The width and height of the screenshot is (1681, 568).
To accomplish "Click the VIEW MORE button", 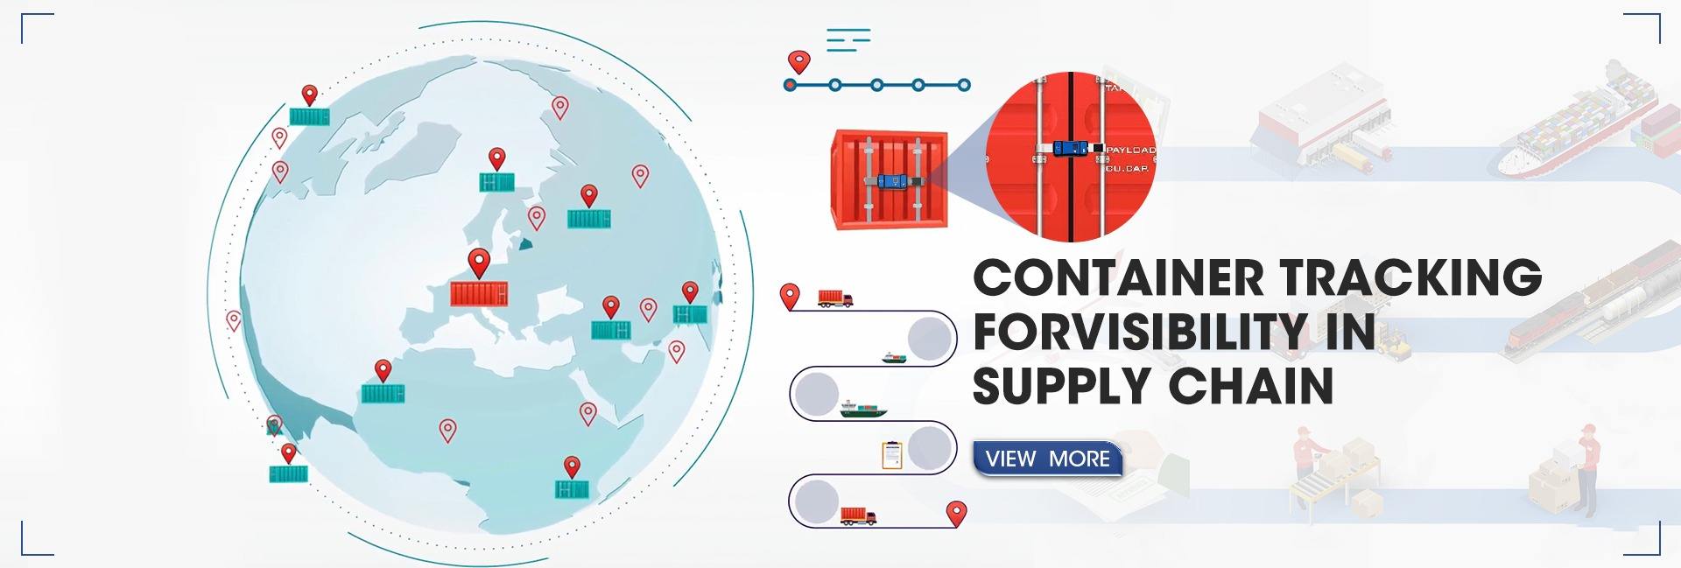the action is pos(1047,459).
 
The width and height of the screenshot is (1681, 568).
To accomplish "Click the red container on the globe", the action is pos(479,293).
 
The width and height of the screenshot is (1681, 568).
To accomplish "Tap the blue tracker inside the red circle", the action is pos(1073,151).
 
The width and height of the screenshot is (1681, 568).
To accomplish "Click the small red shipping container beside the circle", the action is pos(890,180).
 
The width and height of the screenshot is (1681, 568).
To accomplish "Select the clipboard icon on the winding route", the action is pos(891,455).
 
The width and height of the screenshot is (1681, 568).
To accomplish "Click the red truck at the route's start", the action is pos(835,298).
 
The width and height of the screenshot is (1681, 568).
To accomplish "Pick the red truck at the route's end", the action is pos(858,515).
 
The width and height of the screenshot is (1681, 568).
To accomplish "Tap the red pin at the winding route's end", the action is pos(957,513).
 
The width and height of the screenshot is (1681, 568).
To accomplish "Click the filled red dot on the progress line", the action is pos(790,86).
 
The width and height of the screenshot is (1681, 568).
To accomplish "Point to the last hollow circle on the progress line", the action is pos(964,86).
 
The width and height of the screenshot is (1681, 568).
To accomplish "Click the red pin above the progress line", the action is pos(798,61).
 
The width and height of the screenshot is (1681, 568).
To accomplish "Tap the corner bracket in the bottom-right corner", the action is pos(1647,541).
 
